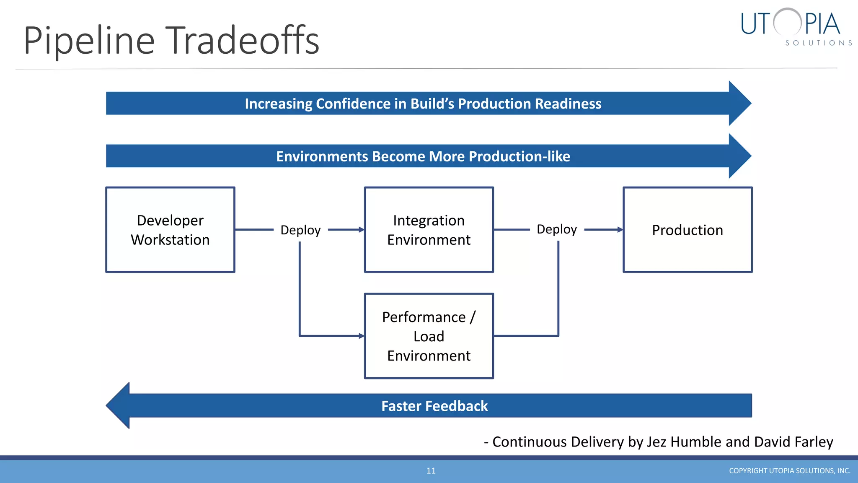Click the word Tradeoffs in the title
click(x=244, y=40)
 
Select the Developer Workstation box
click(x=170, y=230)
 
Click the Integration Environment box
click(x=429, y=230)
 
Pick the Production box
click(x=687, y=230)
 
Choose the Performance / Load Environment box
click(x=429, y=336)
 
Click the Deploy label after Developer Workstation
click(x=300, y=230)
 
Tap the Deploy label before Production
click(x=557, y=229)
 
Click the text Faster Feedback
click(x=434, y=406)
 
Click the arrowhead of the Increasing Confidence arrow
click(x=739, y=103)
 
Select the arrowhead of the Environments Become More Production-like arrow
click(x=739, y=156)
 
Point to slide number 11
click(x=431, y=471)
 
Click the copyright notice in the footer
click(x=789, y=471)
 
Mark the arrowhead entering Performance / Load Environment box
click(x=362, y=336)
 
